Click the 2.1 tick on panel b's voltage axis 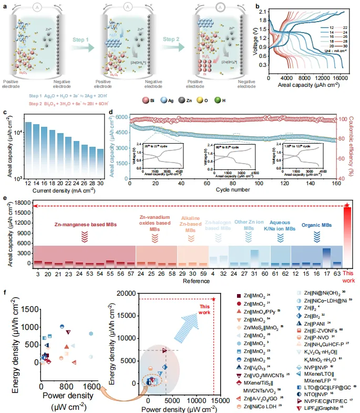[x=263, y=12]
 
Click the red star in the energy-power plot [x=213, y=299]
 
